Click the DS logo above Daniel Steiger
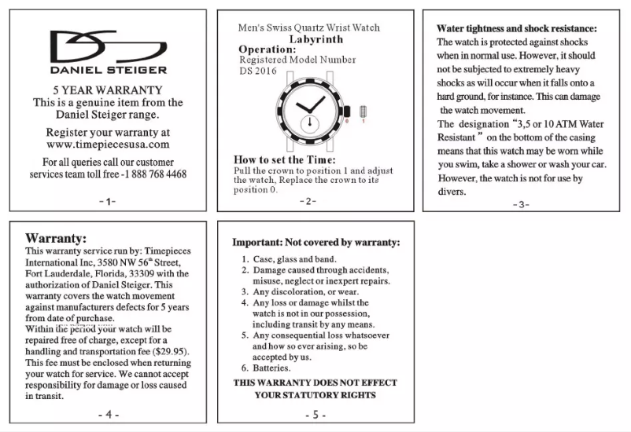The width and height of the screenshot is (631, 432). tap(108, 48)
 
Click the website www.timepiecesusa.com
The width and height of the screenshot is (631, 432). tap(108, 145)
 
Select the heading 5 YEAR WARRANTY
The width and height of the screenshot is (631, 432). tap(108, 90)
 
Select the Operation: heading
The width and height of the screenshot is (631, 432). tap(267, 49)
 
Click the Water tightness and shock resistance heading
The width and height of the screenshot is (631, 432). tap(516, 28)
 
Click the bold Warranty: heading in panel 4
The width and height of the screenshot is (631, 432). tap(56, 238)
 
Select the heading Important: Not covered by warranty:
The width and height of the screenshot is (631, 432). tap(315, 243)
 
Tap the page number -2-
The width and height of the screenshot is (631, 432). tap(308, 201)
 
